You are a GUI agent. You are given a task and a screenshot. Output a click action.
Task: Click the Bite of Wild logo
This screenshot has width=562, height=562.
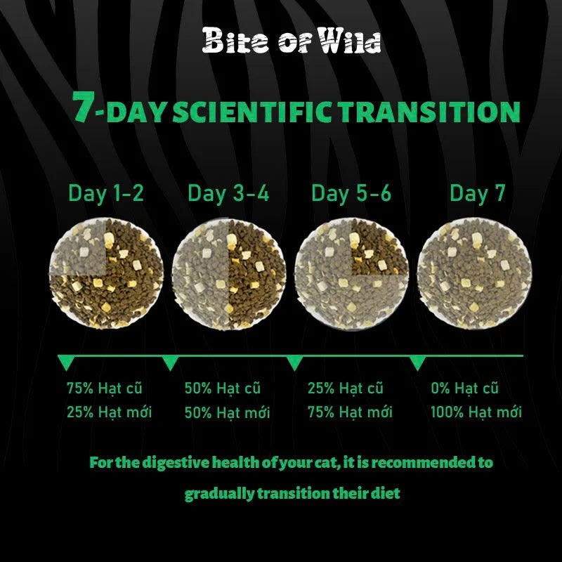[x=292, y=41]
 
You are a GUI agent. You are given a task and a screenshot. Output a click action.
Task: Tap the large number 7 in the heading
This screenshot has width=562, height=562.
[x=84, y=107]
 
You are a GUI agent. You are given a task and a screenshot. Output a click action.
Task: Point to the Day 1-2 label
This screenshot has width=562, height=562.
[x=106, y=193]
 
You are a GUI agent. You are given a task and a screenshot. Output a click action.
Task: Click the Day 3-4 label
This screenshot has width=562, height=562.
[x=228, y=193]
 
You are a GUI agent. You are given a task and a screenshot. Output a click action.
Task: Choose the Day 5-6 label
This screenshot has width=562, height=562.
[x=351, y=193]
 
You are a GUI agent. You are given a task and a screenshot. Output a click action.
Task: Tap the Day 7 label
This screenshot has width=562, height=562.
[x=478, y=193]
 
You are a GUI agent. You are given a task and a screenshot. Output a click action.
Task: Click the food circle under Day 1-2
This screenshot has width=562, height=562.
[x=106, y=273]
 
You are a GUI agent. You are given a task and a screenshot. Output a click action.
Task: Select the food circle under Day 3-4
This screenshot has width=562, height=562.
[x=229, y=274]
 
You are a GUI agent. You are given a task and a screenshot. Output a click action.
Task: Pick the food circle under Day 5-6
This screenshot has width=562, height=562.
[x=352, y=274]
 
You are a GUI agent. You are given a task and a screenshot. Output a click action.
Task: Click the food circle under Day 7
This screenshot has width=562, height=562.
[x=475, y=273]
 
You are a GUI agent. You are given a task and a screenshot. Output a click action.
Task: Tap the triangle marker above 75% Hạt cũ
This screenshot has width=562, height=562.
[x=66, y=362]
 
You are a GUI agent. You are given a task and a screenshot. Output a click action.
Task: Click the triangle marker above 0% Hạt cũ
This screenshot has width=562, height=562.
[x=417, y=362]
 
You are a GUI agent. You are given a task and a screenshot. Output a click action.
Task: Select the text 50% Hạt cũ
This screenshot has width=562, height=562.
[x=222, y=388]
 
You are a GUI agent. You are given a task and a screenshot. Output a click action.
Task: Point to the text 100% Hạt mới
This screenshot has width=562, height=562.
[x=476, y=412]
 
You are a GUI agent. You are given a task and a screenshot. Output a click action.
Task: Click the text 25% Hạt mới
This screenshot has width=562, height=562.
[x=109, y=412]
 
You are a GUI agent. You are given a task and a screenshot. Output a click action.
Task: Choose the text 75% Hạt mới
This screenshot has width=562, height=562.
[x=350, y=412]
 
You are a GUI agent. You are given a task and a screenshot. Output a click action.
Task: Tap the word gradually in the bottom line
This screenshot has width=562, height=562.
[x=219, y=495]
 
